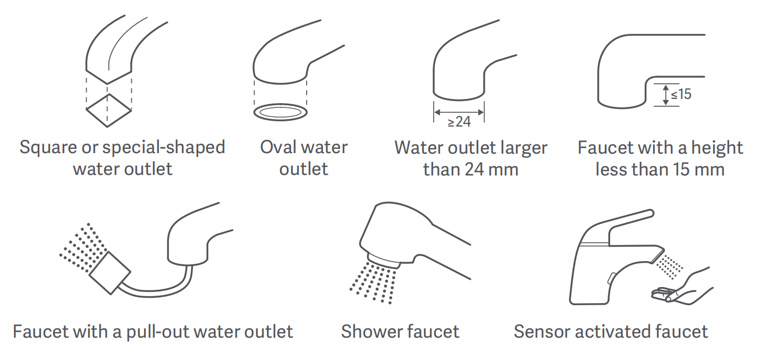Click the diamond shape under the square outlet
pos(87,110)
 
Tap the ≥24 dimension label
pos(459,122)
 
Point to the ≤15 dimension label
pos(681,94)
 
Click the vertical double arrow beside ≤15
pos(666,95)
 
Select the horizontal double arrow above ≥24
pos(459,112)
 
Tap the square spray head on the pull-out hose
pos(109,273)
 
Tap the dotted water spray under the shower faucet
pos(373,282)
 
